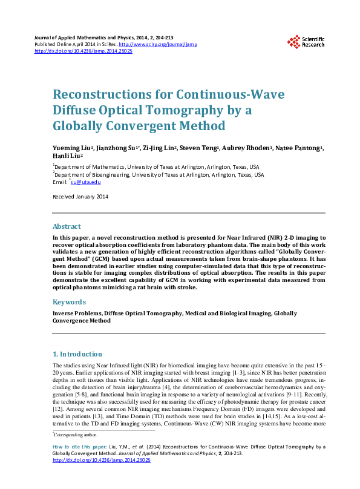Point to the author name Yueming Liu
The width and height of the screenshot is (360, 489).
(x=70, y=149)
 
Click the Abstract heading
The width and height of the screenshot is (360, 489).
(x=67, y=226)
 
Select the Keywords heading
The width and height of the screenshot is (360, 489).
(x=69, y=301)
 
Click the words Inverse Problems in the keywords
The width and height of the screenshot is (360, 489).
(x=76, y=313)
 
